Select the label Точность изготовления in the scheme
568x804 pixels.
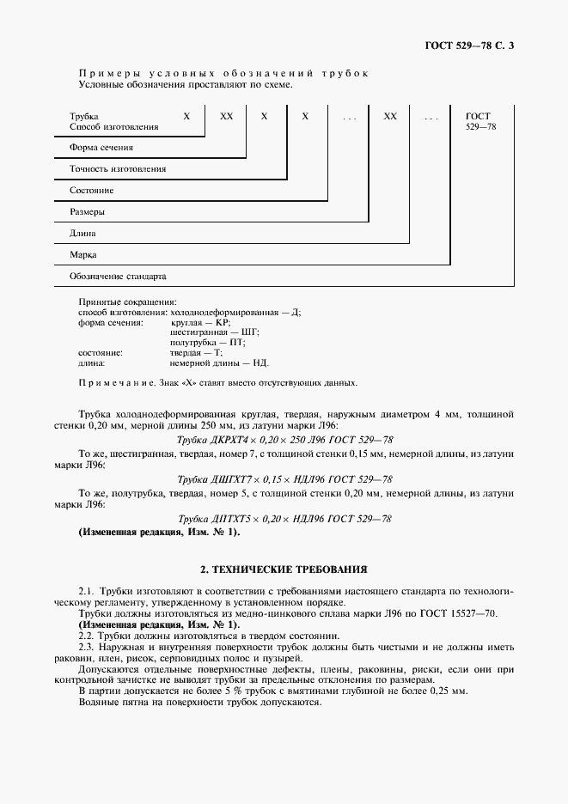click(118, 169)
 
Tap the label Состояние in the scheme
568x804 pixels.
click(91, 191)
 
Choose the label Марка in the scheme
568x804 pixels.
click(82, 255)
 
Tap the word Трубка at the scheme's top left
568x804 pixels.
click(83, 115)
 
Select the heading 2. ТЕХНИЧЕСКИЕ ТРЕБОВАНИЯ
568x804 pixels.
click(284, 569)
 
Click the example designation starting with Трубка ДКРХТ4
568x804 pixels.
click(284, 439)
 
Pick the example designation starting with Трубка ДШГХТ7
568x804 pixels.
click(284, 479)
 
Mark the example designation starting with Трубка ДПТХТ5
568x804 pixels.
click(284, 519)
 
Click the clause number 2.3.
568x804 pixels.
click(85, 645)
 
